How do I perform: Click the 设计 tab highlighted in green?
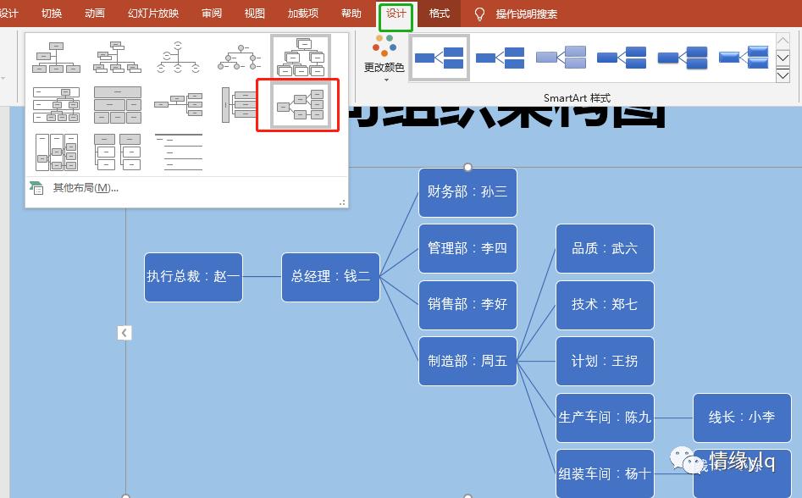(x=395, y=14)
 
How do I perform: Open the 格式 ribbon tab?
(x=440, y=14)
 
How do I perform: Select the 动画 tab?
(x=95, y=14)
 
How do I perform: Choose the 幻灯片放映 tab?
(x=153, y=14)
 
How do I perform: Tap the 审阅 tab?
(x=212, y=14)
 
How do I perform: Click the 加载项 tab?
(x=303, y=14)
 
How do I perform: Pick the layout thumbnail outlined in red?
(x=298, y=105)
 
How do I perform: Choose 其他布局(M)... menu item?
(x=85, y=188)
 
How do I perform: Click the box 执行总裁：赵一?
(x=193, y=277)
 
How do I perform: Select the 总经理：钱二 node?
(x=330, y=277)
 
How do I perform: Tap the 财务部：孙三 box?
(x=467, y=192)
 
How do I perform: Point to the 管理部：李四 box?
(x=467, y=248)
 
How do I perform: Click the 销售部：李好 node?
(x=467, y=304)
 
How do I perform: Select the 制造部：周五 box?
(x=467, y=361)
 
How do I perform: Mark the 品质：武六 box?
(x=605, y=248)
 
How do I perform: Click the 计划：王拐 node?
(x=605, y=361)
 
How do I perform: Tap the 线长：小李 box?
(x=742, y=417)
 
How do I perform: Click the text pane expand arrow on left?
(x=124, y=333)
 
